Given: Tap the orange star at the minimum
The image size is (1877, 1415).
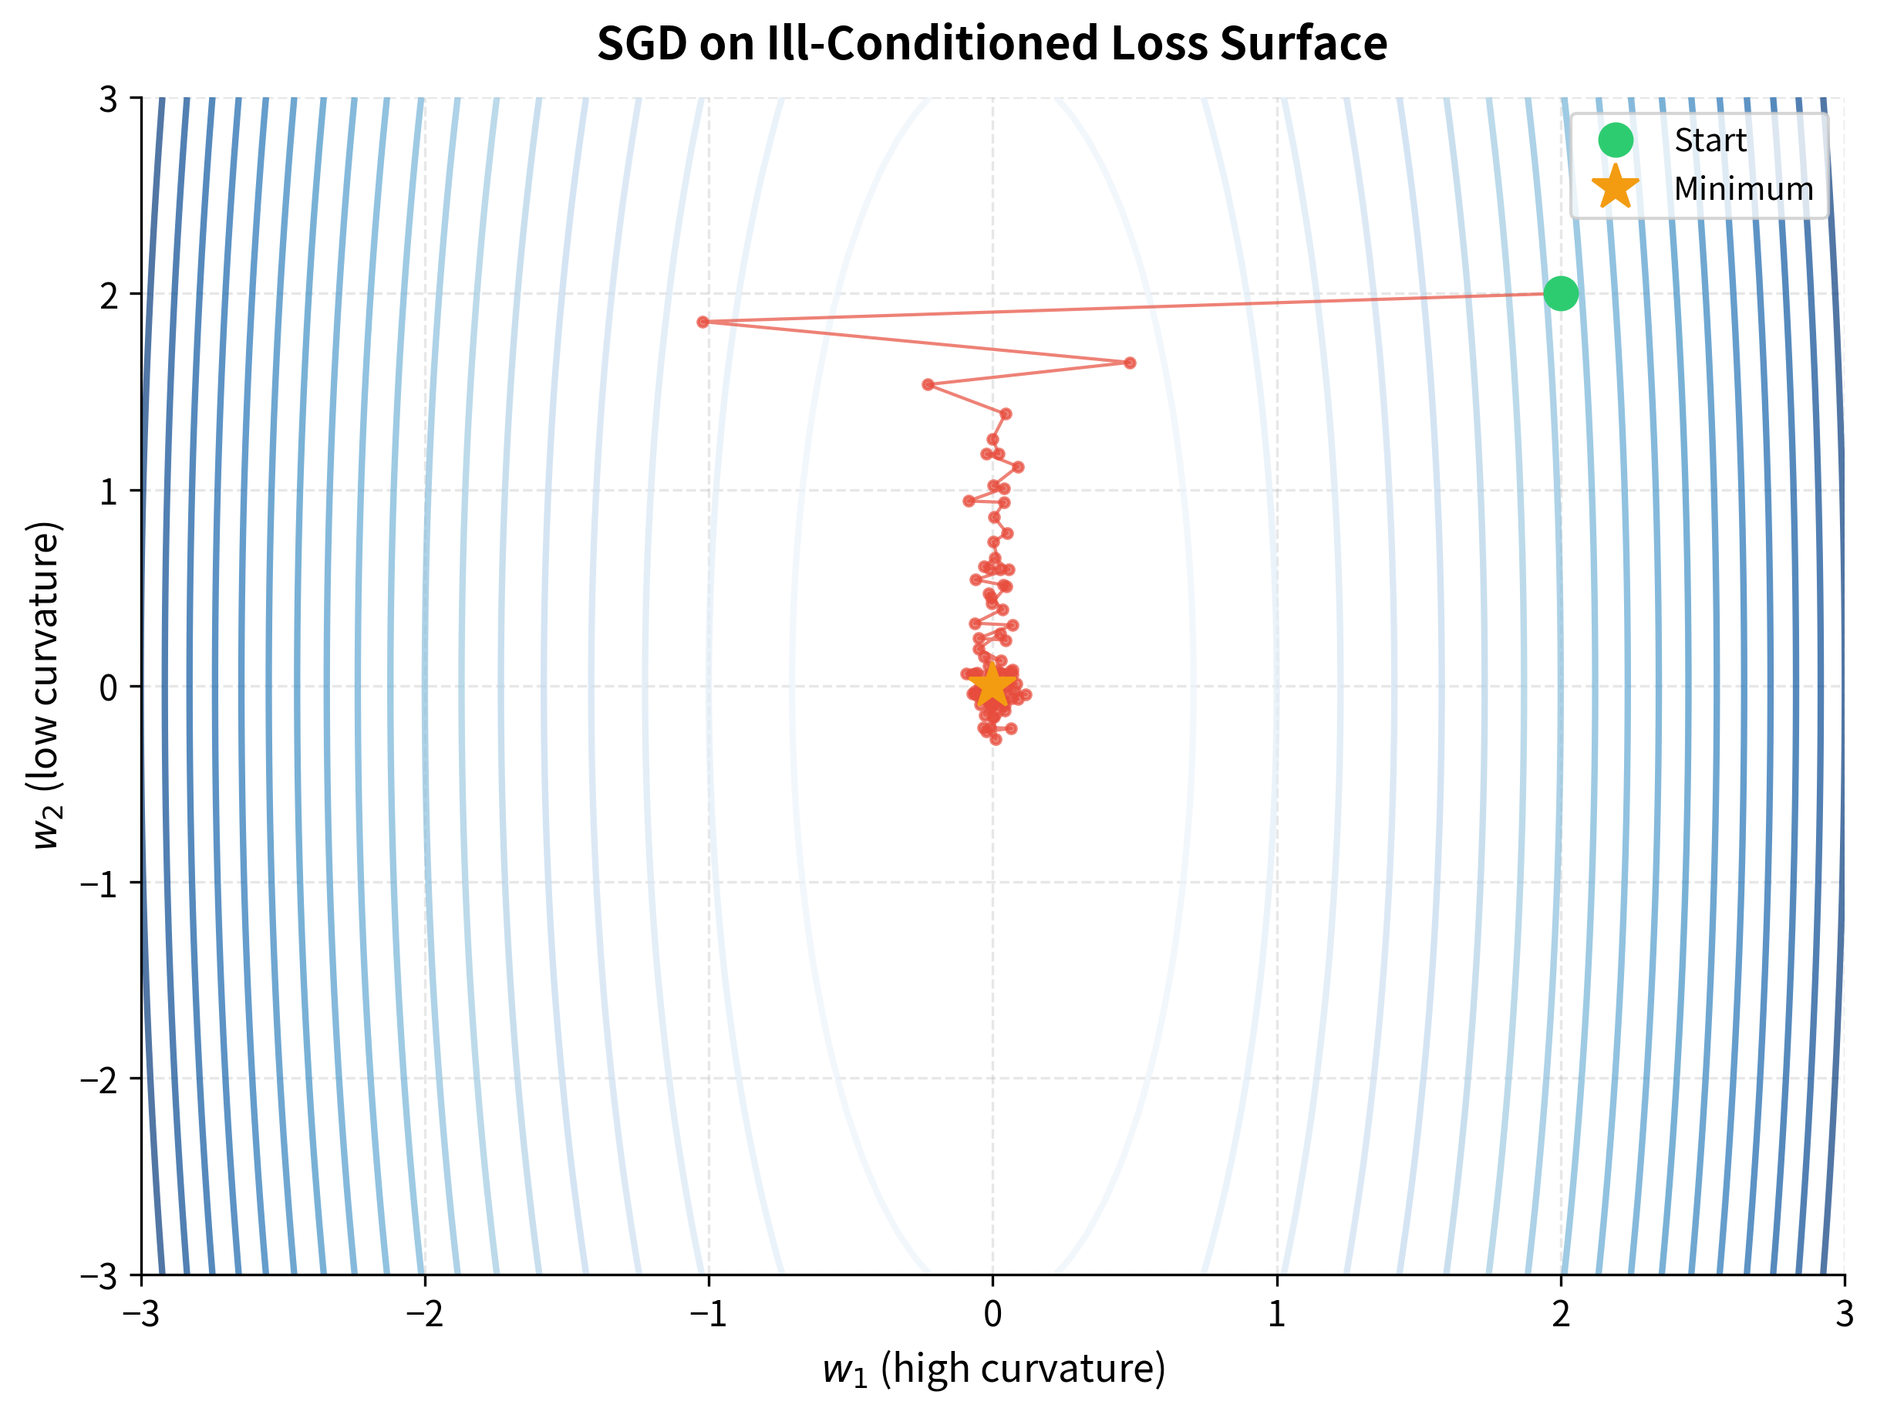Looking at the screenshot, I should (992, 686).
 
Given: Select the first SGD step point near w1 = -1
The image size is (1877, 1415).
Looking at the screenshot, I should (703, 322).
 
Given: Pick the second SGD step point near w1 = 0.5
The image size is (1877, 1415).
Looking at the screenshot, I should (1130, 363).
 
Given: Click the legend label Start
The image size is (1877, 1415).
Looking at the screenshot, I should (1710, 140).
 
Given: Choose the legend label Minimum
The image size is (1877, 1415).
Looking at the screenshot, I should (1743, 188).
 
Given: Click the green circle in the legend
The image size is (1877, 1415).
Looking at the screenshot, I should (1615, 140).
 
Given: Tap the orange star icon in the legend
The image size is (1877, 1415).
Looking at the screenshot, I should (1615, 187).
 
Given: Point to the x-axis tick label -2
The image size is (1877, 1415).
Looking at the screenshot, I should (423, 1314).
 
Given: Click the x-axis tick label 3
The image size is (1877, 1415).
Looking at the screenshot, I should (1844, 1314).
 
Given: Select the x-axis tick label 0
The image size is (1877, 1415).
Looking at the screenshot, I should (992, 1314).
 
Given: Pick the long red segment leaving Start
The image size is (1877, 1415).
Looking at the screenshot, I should (1128, 308).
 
